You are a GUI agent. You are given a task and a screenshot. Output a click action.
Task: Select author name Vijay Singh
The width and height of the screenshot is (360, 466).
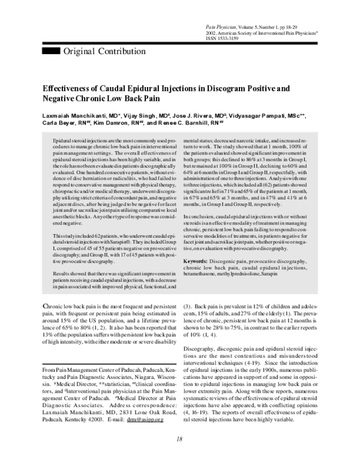coord(137,115)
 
